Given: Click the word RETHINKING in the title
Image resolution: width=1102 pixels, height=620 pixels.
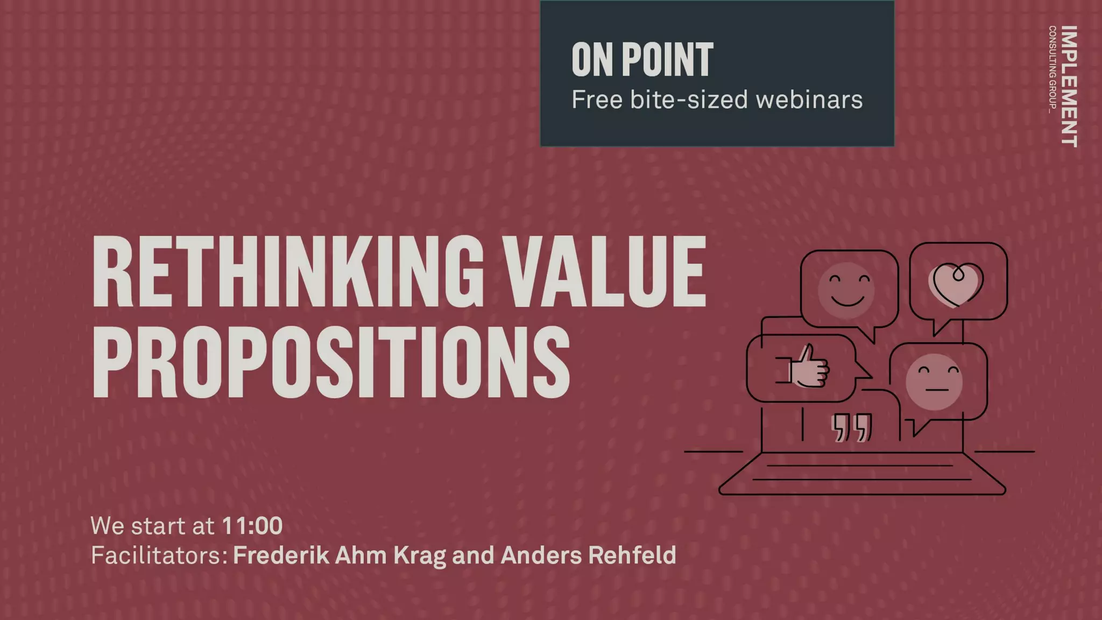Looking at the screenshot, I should point(288,272).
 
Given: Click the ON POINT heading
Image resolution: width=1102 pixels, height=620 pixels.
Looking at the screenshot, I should point(642,60).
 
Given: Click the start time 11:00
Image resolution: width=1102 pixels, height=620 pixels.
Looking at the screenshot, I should point(252,526).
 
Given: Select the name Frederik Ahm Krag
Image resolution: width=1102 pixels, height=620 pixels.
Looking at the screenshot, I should point(340,555).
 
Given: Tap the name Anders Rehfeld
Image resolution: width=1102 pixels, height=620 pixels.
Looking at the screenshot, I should point(588,555).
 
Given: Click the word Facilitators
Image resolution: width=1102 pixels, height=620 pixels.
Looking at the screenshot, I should point(159,555).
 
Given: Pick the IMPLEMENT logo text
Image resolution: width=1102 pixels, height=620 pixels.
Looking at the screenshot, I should point(1070,86).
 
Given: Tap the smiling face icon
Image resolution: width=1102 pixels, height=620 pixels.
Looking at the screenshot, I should point(846,291).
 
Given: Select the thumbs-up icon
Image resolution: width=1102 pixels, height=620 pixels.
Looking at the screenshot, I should point(807,367).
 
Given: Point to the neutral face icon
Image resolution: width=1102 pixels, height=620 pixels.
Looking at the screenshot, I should point(934,381).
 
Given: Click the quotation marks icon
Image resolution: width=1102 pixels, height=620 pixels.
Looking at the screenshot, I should point(851,428).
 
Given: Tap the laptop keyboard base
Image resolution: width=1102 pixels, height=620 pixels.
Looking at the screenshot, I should point(862,474).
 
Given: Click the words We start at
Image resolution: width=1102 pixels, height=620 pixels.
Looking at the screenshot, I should point(153,526).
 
